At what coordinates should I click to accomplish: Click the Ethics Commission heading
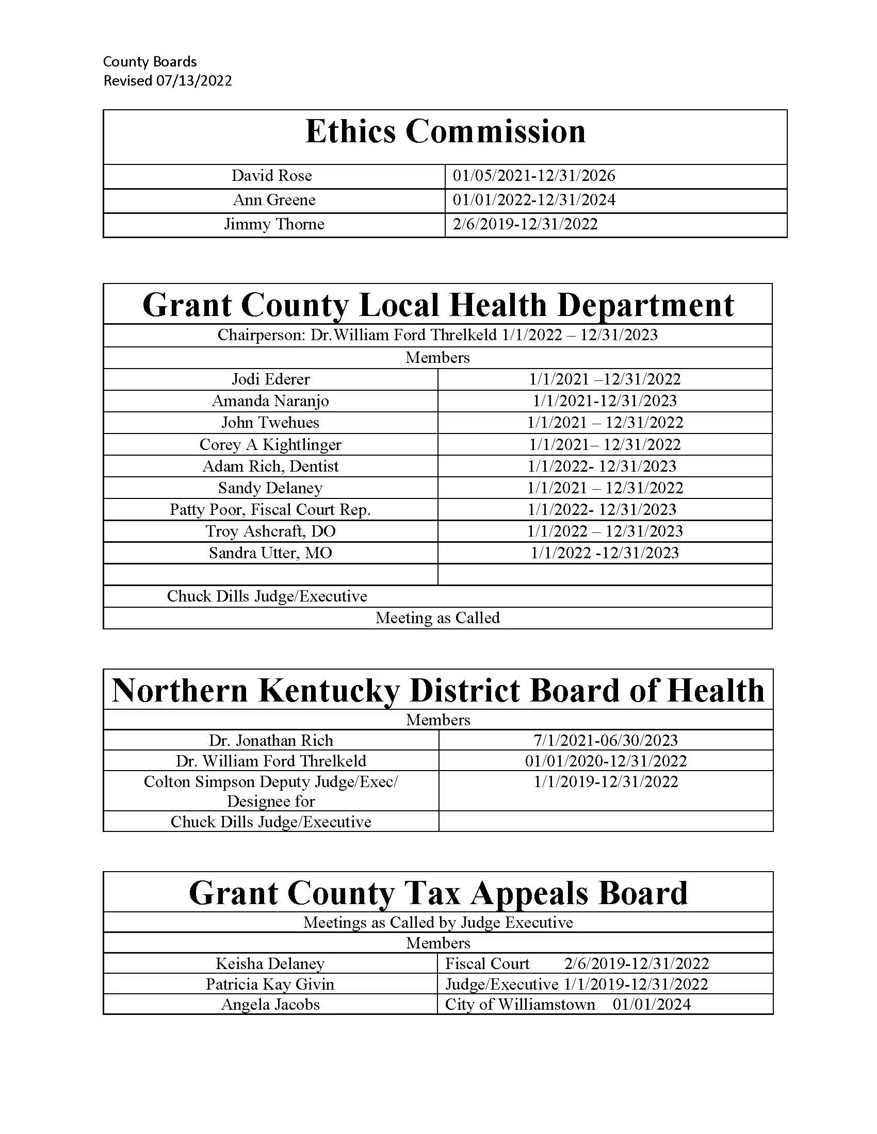(445, 131)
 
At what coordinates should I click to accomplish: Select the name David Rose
(272, 175)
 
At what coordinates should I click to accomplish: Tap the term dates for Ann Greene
(533, 200)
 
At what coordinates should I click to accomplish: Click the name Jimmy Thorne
(274, 224)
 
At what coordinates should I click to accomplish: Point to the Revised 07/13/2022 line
(167, 81)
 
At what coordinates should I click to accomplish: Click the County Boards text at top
(150, 62)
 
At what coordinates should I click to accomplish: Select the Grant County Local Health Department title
(437, 305)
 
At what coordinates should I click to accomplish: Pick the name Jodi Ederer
(271, 379)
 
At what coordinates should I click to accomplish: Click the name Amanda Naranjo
(270, 401)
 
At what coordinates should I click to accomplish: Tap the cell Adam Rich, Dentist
(270, 466)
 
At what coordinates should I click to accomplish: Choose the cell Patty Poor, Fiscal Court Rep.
(270, 510)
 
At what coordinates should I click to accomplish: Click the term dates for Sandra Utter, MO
(605, 553)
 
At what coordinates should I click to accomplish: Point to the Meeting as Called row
(437, 618)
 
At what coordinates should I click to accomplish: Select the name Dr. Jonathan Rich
(271, 740)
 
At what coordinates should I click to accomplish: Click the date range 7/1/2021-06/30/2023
(606, 740)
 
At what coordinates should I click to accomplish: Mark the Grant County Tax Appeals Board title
(438, 893)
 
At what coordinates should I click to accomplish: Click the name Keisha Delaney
(270, 964)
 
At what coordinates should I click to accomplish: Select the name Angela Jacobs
(270, 1005)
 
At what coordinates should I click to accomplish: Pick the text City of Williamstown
(520, 1005)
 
